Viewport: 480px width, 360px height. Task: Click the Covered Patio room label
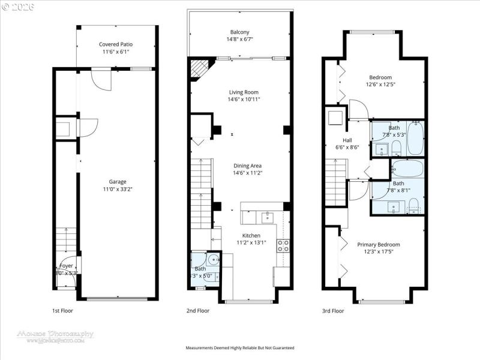(116, 44)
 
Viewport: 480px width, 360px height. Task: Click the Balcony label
(239, 32)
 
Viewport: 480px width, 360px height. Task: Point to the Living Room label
(243, 92)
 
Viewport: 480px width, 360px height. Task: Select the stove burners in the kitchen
(283, 245)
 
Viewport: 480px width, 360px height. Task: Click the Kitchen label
(251, 235)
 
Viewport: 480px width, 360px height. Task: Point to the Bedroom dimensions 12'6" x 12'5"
(380, 85)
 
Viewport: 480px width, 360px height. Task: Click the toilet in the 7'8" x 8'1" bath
(413, 209)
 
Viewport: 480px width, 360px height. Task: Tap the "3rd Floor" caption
(333, 311)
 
